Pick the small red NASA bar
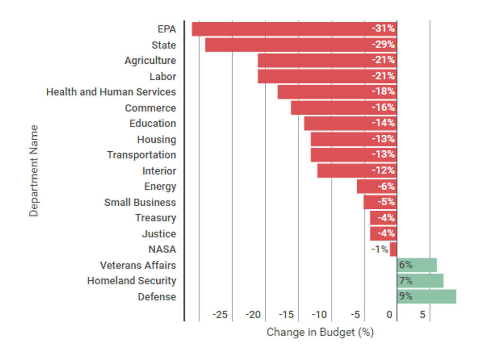(393, 250)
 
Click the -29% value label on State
(384, 45)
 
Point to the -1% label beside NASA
(380, 250)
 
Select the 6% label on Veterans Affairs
(405, 265)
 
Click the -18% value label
(384, 92)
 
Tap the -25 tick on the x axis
(220, 315)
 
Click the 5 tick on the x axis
(422, 315)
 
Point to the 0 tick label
(389, 315)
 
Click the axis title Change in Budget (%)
(320, 332)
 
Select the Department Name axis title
(34, 171)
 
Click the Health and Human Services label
(111, 92)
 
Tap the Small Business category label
(140, 202)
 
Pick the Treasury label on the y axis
(156, 218)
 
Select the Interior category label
(159, 171)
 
